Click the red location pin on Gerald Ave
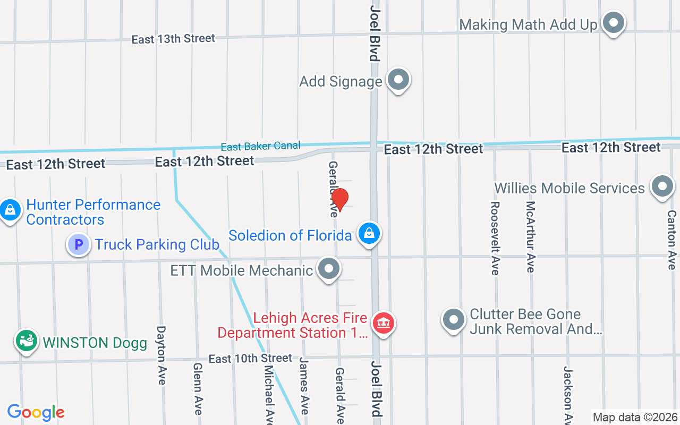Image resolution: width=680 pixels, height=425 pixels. coord(339,199)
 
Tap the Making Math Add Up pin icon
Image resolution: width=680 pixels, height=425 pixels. coord(614,23)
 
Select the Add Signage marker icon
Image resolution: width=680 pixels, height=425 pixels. coord(398,80)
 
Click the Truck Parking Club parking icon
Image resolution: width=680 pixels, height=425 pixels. coord(79,245)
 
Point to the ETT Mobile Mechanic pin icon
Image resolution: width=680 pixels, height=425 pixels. coord(329,269)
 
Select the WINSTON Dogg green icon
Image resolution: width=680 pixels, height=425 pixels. coord(25,341)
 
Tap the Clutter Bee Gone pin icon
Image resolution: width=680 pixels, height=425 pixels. coord(453,320)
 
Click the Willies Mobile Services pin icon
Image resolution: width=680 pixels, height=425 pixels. coord(662,186)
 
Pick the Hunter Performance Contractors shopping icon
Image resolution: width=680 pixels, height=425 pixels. coord(10,210)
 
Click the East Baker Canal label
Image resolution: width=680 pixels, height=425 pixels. coord(260,146)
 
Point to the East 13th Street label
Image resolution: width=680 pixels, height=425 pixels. coord(173,39)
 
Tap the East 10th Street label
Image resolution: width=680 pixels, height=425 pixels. coord(250,359)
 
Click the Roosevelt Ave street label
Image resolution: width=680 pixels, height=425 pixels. coord(495,238)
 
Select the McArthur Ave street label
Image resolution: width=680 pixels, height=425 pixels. coord(530,236)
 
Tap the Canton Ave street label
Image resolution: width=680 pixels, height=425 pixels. coord(671,240)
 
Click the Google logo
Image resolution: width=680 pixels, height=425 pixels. coord(36,412)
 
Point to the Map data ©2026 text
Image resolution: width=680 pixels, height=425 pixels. coord(635,417)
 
